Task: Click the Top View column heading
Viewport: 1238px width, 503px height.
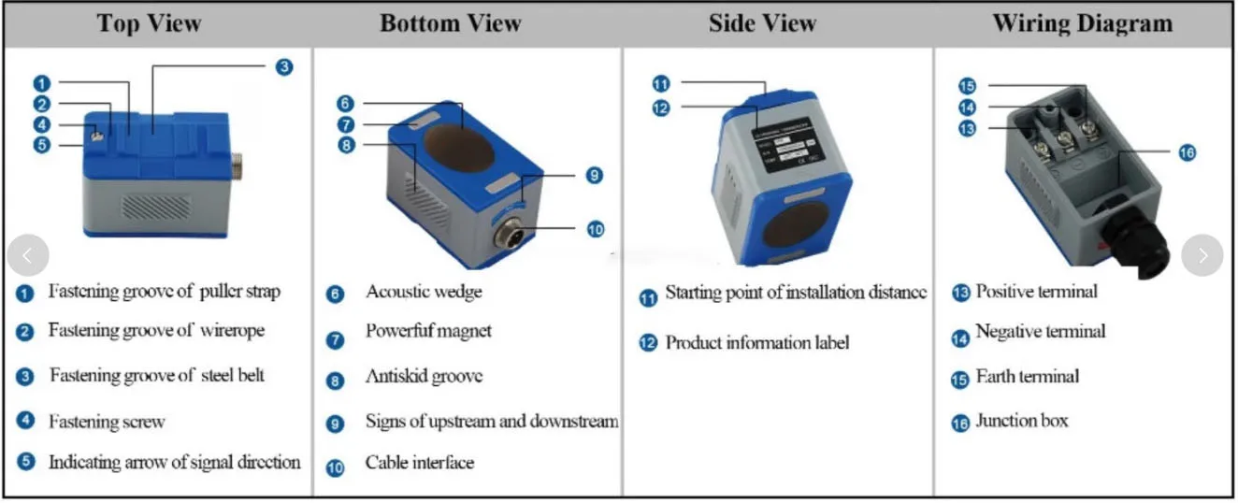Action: click(x=150, y=23)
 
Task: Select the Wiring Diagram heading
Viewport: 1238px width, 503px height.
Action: click(x=1082, y=23)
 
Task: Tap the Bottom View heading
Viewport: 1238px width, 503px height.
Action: click(x=450, y=23)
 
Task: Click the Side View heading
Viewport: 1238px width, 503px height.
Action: click(x=763, y=23)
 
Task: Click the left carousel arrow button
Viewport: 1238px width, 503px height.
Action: click(x=28, y=255)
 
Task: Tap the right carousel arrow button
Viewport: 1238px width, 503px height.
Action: click(x=1202, y=255)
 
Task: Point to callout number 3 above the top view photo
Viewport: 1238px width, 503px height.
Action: click(x=284, y=66)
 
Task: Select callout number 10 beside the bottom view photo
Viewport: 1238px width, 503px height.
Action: click(x=596, y=228)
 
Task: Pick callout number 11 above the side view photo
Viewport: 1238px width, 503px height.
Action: click(x=661, y=84)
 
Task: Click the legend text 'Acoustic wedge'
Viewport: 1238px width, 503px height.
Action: click(x=424, y=292)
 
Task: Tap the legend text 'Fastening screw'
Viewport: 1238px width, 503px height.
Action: click(x=107, y=422)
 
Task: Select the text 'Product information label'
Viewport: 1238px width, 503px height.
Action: click(x=757, y=342)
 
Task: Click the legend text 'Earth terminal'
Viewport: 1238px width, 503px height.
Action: click(x=1027, y=377)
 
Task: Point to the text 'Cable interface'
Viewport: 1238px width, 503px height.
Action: click(x=419, y=462)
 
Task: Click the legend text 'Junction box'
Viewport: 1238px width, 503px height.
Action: click(x=1021, y=421)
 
